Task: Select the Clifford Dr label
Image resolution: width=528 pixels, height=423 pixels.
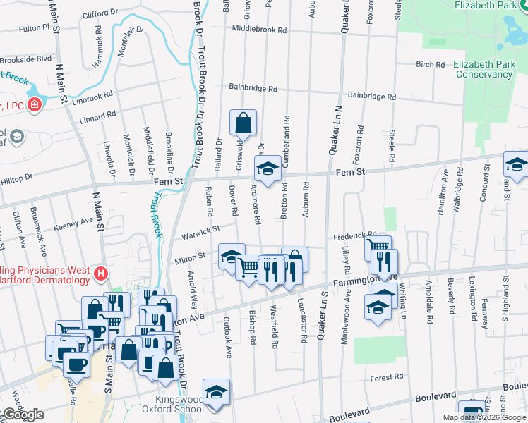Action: point(100,13)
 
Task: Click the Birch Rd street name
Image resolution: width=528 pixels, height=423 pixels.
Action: point(430,64)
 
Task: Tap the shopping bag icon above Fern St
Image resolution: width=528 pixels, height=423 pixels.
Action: point(243,123)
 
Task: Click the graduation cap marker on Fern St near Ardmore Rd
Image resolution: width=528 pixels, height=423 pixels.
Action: point(268,169)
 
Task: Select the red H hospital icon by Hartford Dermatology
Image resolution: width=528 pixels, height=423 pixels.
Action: point(101,274)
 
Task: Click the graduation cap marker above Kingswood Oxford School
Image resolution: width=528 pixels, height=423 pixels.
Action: point(216,393)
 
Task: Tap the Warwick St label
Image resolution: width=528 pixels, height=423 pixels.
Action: point(201,229)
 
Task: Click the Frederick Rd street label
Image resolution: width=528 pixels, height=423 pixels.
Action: point(355,235)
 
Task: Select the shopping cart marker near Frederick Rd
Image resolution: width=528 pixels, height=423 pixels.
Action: point(378,247)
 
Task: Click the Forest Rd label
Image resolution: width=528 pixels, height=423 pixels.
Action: point(388,378)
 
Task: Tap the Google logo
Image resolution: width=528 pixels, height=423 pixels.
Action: point(23,415)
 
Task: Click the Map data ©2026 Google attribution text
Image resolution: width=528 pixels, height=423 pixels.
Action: point(484,417)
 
